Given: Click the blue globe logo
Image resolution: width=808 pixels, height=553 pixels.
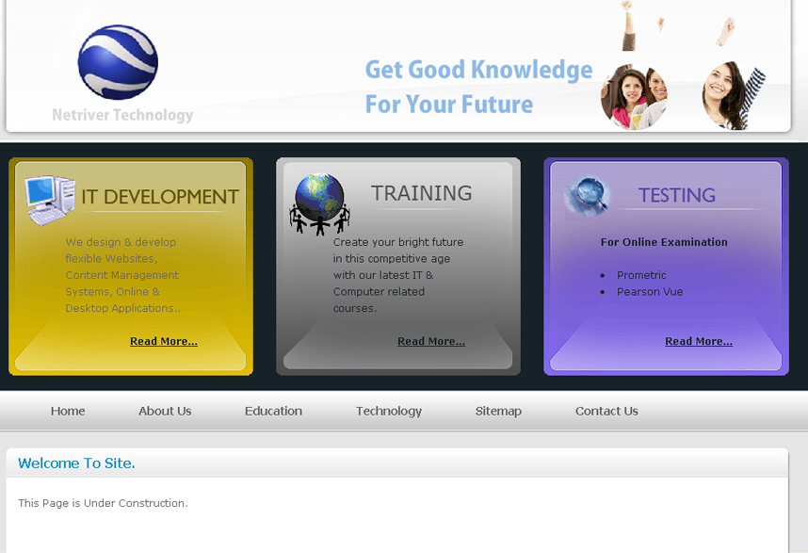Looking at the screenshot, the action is [x=118, y=62].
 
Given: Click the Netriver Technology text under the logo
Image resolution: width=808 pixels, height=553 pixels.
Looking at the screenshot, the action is [x=122, y=115].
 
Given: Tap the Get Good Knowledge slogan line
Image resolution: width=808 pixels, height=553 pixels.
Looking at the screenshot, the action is [x=478, y=70].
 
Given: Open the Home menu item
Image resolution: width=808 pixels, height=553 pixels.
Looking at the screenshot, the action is [x=68, y=411].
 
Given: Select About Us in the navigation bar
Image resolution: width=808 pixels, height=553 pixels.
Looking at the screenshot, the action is [x=165, y=411].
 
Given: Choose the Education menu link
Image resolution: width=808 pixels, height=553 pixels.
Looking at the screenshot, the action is [x=274, y=411].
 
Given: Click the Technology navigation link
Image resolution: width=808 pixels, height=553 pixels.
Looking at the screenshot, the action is [x=389, y=412].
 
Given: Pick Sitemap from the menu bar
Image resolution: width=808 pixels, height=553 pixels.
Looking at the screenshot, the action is [x=498, y=412].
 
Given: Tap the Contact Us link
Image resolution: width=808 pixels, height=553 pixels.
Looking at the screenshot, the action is [x=606, y=411].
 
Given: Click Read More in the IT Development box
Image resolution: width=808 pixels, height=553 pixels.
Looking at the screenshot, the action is [x=163, y=341].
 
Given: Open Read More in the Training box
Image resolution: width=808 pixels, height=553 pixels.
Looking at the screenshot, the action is [x=431, y=341].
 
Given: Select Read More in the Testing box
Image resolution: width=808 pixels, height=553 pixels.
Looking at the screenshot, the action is [x=699, y=341].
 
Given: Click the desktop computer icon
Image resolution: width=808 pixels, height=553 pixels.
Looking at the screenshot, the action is [x=50, y=200].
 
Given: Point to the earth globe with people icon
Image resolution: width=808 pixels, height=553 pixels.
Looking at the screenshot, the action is [x=320, y=204].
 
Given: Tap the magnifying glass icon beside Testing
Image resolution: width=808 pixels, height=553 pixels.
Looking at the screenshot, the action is [x=588, y=195].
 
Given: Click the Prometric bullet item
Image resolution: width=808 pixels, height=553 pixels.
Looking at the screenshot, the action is [x=641, y=275].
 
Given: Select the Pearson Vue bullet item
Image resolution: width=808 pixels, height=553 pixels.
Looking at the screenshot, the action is [x=650, y=292].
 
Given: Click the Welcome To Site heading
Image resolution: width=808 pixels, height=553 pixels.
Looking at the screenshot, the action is [x=76, y=464].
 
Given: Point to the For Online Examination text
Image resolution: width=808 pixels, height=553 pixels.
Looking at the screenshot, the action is [x=664, y=242].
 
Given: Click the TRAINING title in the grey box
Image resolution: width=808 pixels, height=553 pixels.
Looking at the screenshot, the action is [x=422, y=193].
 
